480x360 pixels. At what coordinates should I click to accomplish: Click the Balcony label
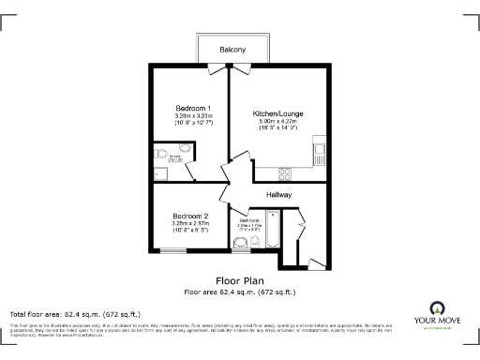(x=233, y=49)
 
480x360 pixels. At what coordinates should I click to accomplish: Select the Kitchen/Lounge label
(x=277, y=113)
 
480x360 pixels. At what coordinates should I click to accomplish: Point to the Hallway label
(x=278, y=194)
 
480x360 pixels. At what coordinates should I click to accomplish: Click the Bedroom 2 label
(x=189, y=217)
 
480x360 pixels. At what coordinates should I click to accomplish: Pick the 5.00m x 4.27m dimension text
(x=277, y=121)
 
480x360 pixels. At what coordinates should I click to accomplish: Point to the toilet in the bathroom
(x=243, y=245)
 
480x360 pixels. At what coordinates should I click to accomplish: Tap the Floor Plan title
(x=239, y=280)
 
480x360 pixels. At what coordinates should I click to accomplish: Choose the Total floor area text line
(x=75, y=313)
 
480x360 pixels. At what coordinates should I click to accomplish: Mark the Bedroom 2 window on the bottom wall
(x=174, y=250)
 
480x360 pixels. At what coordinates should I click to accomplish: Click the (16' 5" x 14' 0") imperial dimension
(x=277, y=128)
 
